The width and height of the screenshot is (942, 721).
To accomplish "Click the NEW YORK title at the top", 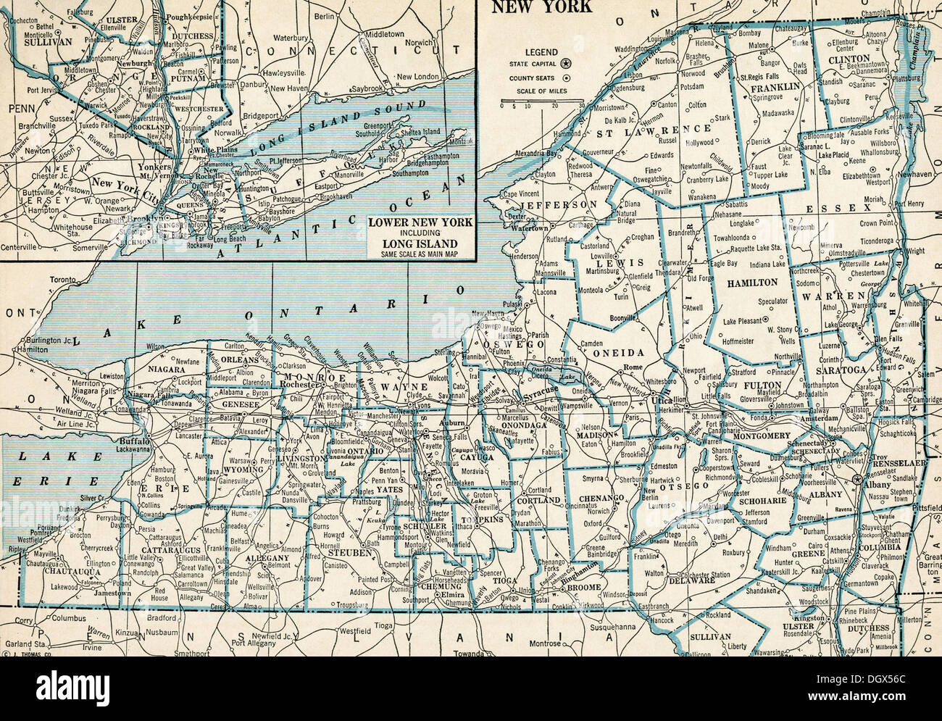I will tap(542, 7).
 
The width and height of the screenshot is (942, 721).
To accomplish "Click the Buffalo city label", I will tap(135, 441).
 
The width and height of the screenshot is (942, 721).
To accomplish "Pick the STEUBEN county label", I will tap(349, 552).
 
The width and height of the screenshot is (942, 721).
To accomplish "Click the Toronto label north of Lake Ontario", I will tap(64, 280).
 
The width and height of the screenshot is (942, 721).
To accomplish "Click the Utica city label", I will tap(660, 400).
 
